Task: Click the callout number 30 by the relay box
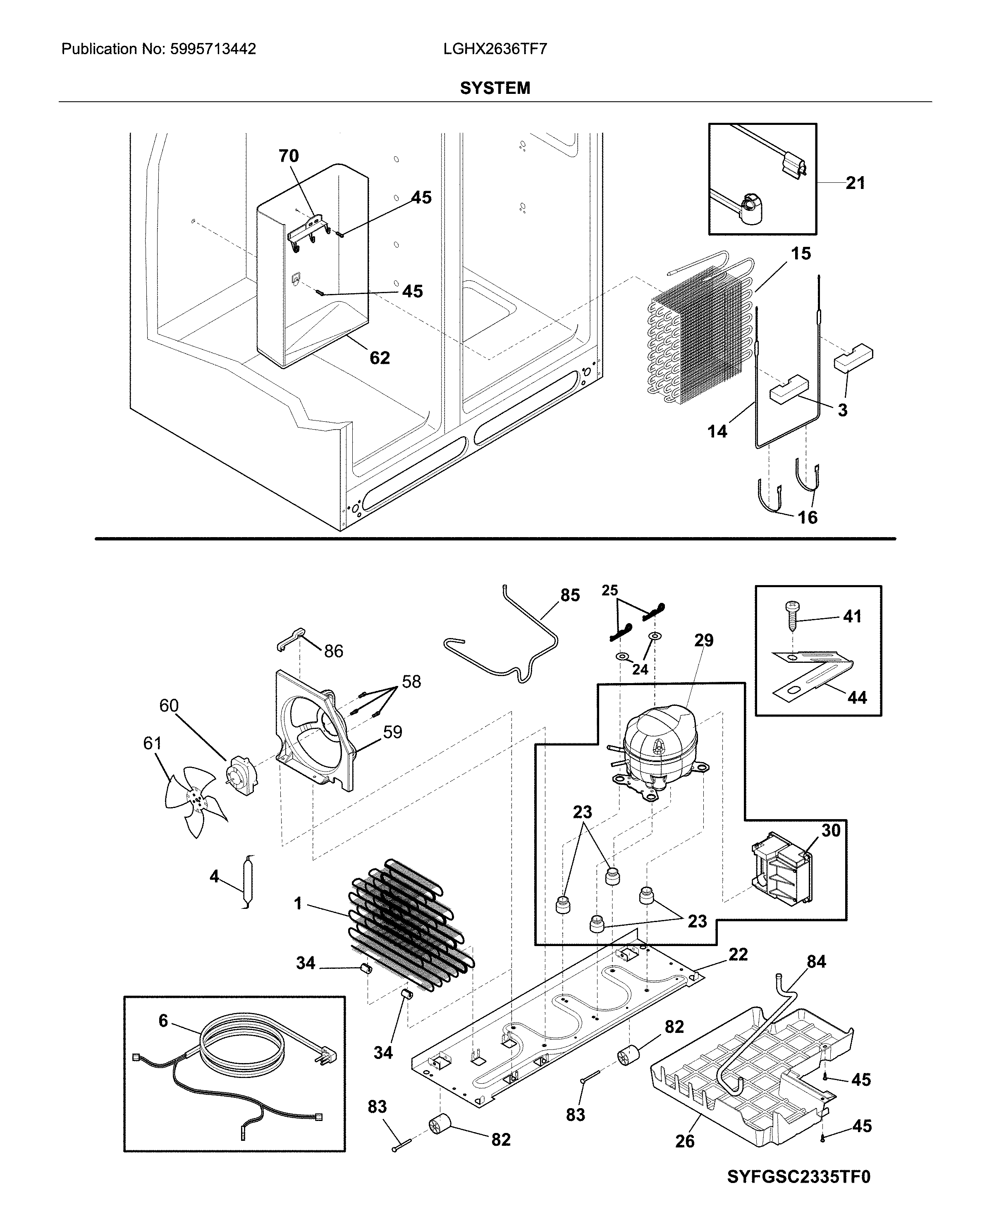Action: [x=831, y=830]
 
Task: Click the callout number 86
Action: [x=333, y=651]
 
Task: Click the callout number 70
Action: [x=288, y=156]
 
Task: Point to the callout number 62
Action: [x=379, y=358]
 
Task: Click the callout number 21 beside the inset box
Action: [x=855, y=183]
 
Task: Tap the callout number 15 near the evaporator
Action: [x=801, y=253]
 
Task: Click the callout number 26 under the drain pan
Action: [x=685, y=1141]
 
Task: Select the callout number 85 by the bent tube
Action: [x=570, y=595]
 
